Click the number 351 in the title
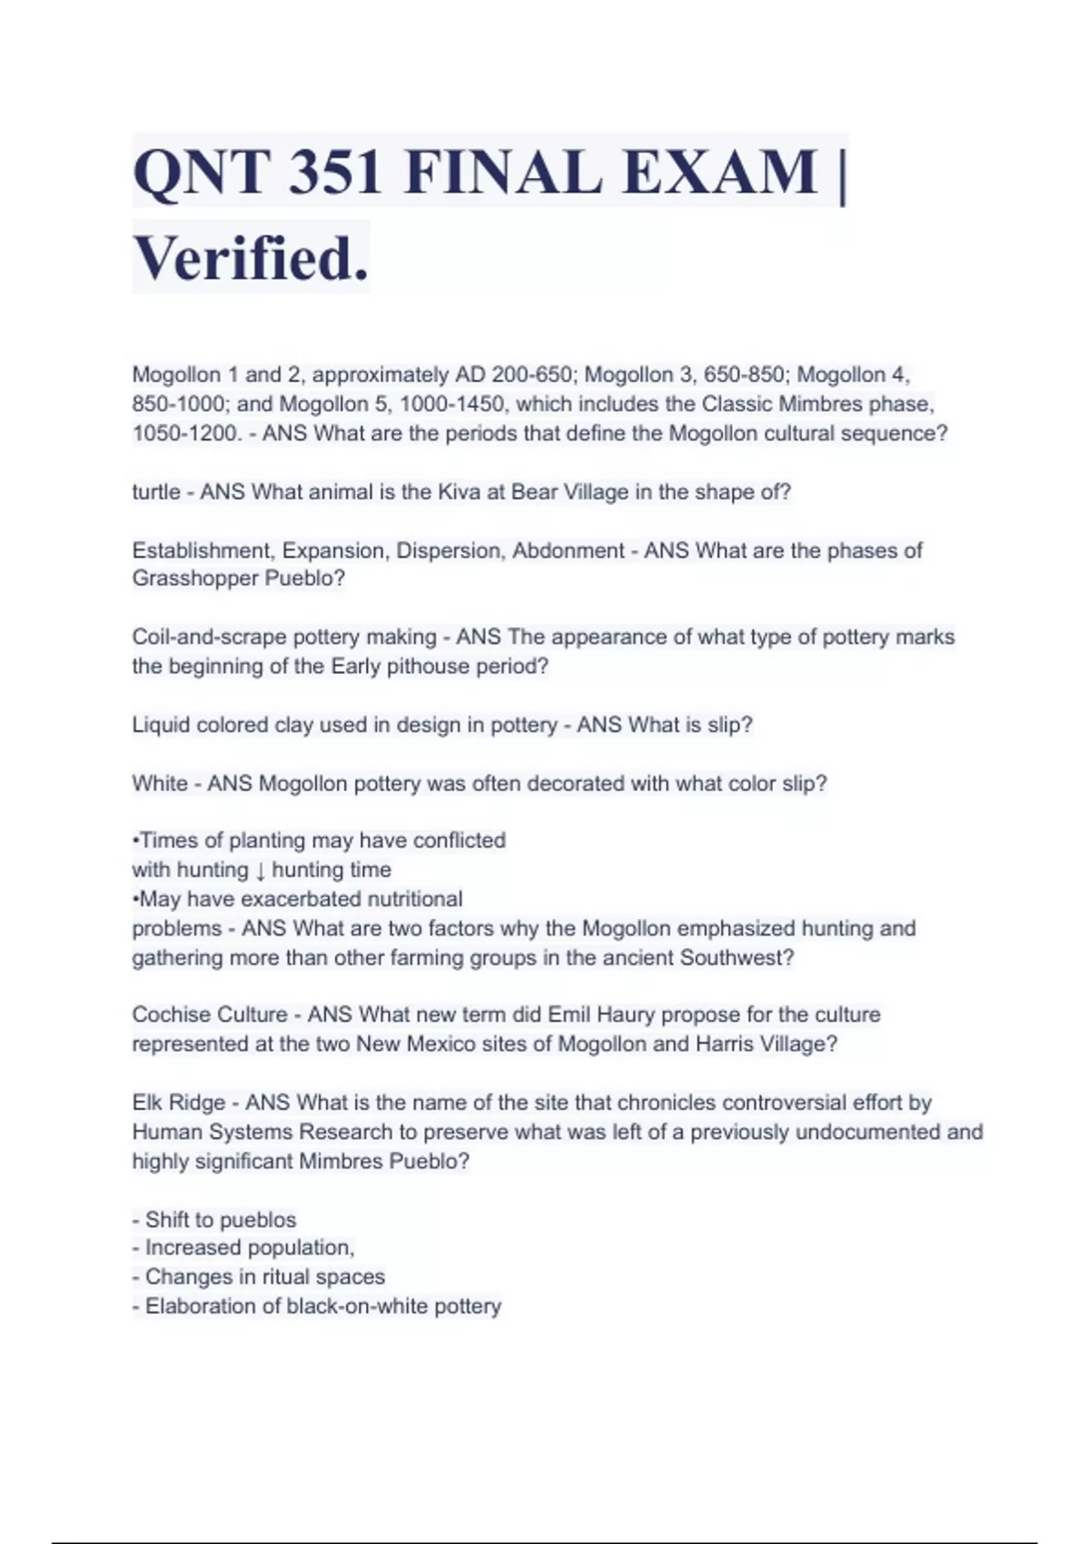(x=334, y=173)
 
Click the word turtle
(x=156, y=492)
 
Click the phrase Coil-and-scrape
(x=209, y=638)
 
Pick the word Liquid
(x=161, y=725)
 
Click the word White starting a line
(x=160, y=783)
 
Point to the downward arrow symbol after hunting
(x=260, y=870)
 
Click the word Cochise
(x=169, y=1014)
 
